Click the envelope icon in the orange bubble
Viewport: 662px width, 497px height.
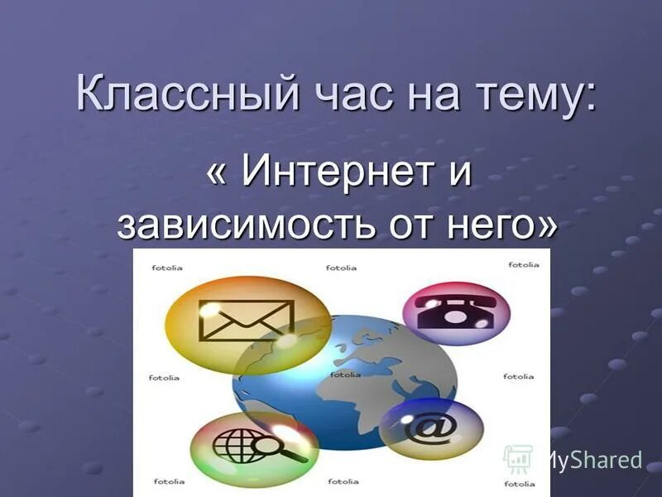click(x=246, y=321)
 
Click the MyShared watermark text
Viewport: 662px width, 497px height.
click(x=591, y=460)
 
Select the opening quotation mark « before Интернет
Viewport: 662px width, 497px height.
click(x=216, y=175)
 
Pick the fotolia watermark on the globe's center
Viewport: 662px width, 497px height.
click(x=345, y=374)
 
